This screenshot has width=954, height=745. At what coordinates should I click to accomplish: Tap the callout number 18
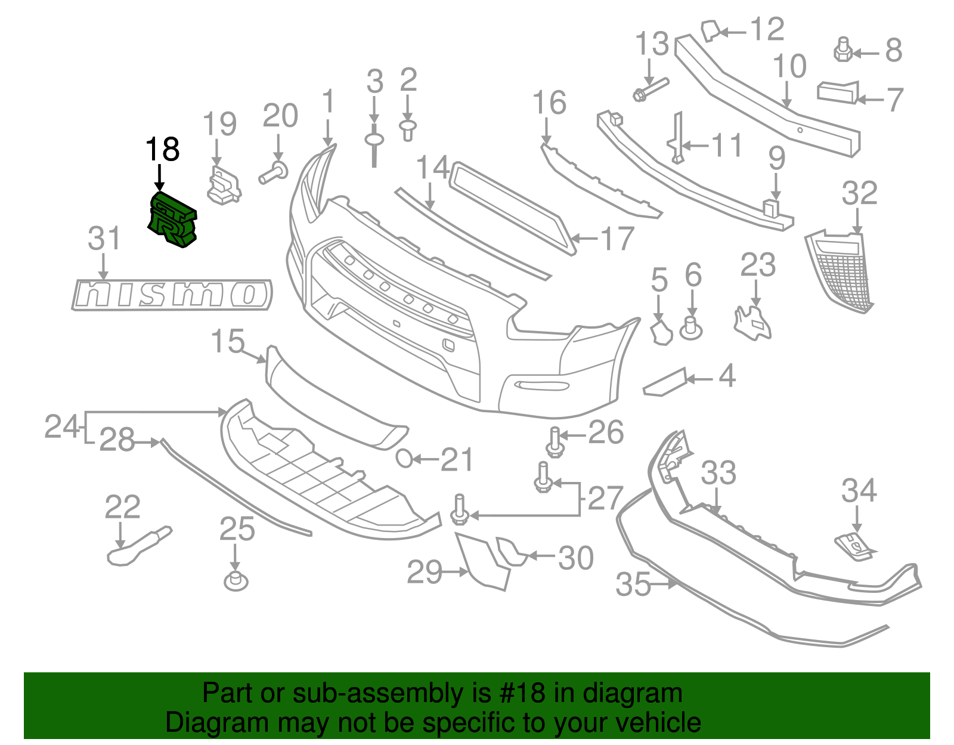click(162, 149)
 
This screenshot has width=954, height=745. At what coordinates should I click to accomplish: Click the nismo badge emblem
click(172, 295)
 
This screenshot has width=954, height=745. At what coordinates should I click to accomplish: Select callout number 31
click(104, 239)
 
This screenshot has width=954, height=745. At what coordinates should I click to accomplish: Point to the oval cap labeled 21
click(404, 458)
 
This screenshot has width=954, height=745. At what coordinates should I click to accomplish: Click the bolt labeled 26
click(555, 443)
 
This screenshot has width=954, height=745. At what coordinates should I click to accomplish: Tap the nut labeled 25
click(236, 581)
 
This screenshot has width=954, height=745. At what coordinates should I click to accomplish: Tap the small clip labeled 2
click(408, 129)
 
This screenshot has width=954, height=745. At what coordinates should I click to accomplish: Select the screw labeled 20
click(273, 174)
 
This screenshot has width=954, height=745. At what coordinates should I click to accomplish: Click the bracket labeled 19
click(224, 186)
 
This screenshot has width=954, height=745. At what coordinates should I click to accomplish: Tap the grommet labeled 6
click(691, 329)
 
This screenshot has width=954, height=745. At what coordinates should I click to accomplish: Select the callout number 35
click(633, 585)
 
